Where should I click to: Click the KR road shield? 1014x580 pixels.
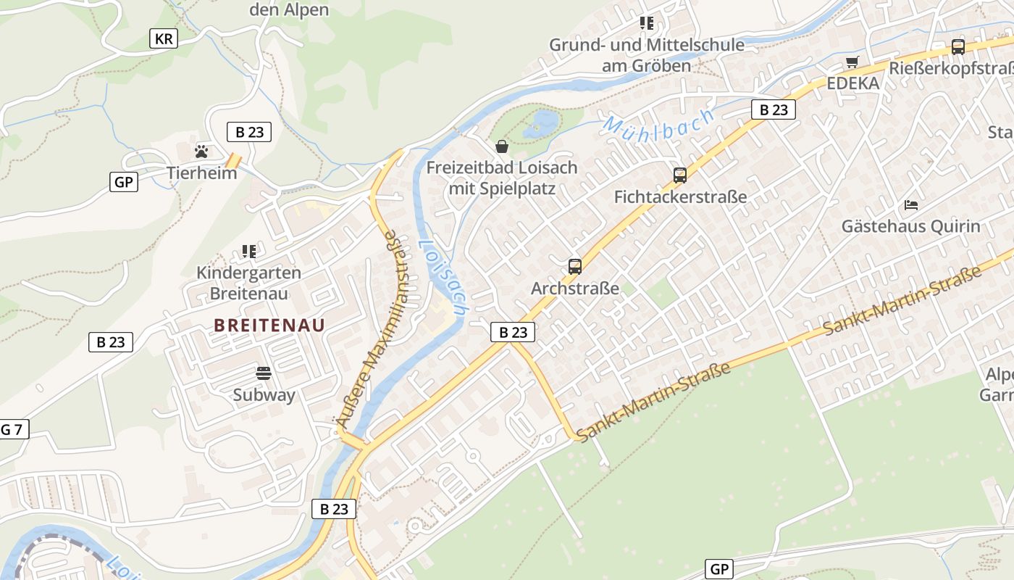(x=164, y=38)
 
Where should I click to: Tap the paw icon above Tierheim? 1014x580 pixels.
(x=201, y=151)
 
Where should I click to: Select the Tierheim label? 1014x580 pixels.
(x=201, y=173)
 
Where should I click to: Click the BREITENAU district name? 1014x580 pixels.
(x=269, y=326)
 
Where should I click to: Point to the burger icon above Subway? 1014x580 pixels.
(x=264, y=374)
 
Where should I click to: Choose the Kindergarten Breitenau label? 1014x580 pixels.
(x=249, y=283)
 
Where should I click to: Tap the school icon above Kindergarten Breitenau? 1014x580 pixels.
(x=249, y=252)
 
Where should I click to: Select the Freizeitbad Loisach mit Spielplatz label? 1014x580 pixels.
(x=502, y=178)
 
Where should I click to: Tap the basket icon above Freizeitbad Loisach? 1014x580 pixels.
(x=502, y=147)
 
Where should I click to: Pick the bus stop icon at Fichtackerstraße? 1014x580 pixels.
(x=679, y=175)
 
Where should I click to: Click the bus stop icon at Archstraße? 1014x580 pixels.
(x=575, y=267)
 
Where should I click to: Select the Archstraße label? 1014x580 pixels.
(x=575, y=289)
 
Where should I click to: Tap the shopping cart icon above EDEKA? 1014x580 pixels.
(x=852, y=62)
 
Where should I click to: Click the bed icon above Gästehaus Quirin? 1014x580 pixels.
(x=911, y=205)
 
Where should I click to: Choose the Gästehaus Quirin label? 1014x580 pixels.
(x=910, y=226)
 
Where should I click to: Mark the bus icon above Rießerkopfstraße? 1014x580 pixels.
(x=958, y=47)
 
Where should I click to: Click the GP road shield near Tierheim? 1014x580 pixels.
(x=124, y=181)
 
